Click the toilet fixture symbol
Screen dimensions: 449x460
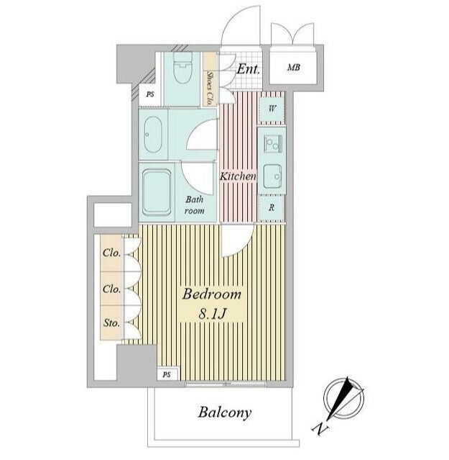click(182, 68)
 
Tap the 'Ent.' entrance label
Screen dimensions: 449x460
click(249, 69)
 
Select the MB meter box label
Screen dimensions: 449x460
click(294, 68)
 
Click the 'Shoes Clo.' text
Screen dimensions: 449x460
click(210, 88)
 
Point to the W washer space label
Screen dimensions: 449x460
click(272, 109)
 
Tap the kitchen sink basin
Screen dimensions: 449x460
click(272, 176)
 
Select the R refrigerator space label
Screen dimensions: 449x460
click(272, 208)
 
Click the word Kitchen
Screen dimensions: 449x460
click(238, 176)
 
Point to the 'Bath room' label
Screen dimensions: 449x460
click(195, 205)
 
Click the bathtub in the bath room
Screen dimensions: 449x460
click(157, 193)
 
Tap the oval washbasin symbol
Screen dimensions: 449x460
click(153, 135)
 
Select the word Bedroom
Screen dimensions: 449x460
click(212, 294)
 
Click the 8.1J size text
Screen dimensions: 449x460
click(212, 314)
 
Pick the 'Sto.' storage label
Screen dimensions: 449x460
click(111, 323)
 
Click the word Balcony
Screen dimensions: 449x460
click(225, 412)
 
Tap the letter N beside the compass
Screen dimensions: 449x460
click(320, 429)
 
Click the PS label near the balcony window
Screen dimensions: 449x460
click(167, 374)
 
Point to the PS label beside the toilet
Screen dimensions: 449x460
click(150, 94)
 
